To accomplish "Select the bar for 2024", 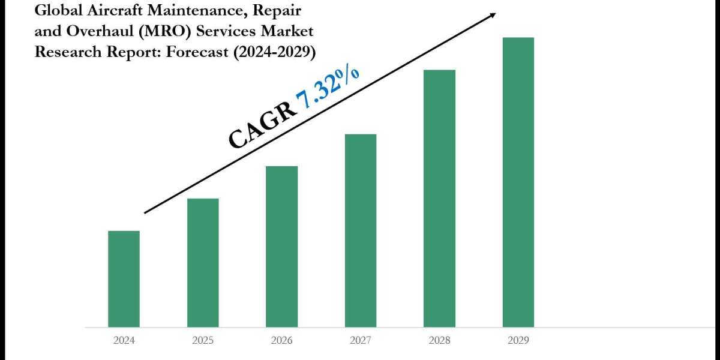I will (x=124, y=279).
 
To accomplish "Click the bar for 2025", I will (x=203, y=263).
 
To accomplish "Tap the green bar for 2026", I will (x=281, y=247).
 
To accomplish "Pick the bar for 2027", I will (x=361, y=230).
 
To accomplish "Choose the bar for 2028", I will (x=439, y=199).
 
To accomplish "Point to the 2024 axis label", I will (x=124, y=340).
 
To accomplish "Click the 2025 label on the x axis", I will (x=203, y=340).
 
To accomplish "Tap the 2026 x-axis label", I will (x=281, y=340).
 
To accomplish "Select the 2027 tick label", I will (x=361, y=340).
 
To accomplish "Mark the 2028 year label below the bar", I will (x=439, y=340).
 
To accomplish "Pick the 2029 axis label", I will (x=518, y=340).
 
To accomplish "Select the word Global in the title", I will (x=56, y=10).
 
